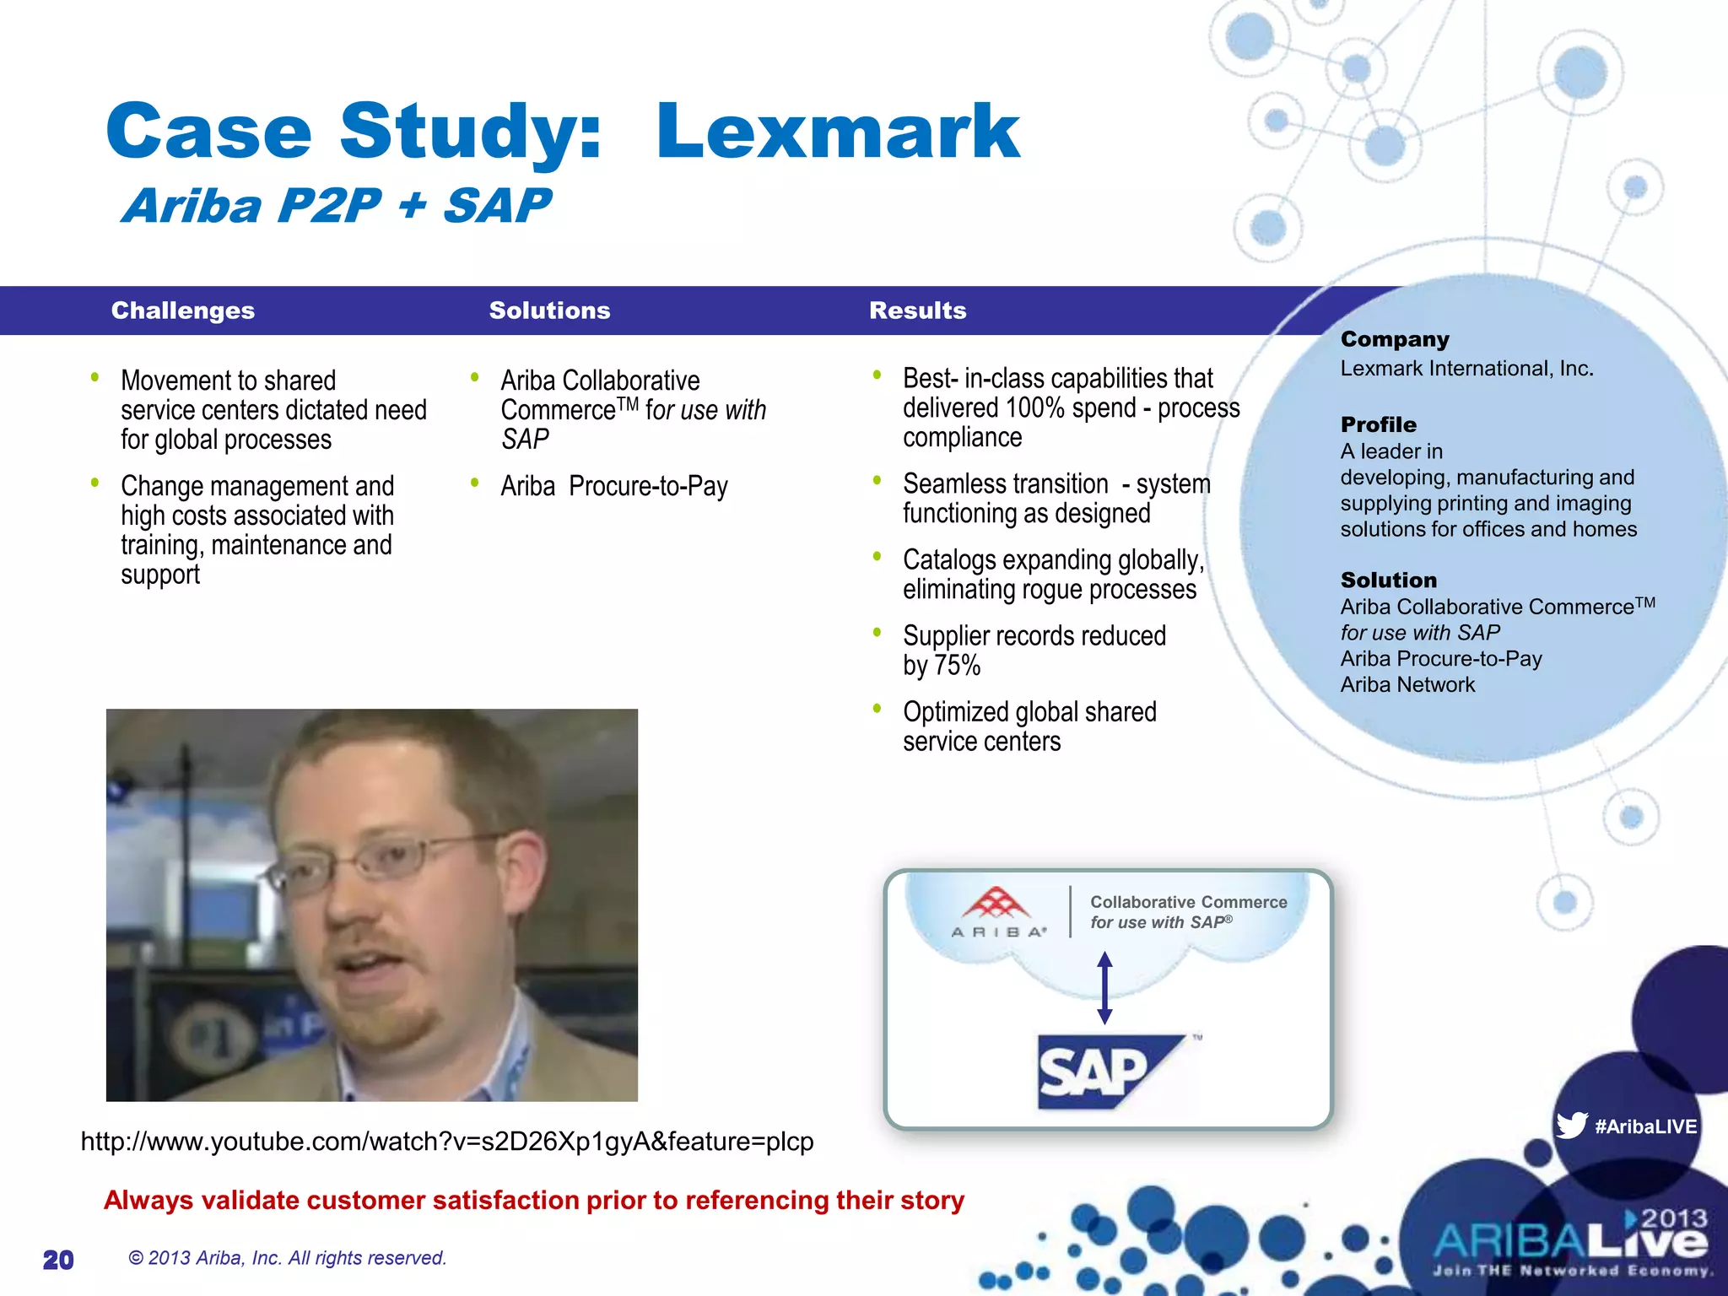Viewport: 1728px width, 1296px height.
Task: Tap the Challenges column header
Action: click(182, 310)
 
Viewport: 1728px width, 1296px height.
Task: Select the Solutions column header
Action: click(549, 310)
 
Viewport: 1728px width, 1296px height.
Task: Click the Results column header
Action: click(917, 310)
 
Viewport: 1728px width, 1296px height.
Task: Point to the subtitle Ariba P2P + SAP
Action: click(336, 206)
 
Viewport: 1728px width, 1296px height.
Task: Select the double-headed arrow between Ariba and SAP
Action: click(1104, 987)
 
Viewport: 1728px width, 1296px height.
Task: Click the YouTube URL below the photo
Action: click(446, 1142)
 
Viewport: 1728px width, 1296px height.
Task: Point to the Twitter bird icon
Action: click(1571, 1125)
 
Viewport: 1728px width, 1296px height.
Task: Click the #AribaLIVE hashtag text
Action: click(1645, 1126)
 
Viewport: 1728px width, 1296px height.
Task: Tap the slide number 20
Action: click(58, 1260)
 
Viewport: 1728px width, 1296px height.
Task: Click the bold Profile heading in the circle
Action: click(1378, 424)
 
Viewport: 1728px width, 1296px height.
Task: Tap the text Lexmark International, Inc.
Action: click(1466, 369)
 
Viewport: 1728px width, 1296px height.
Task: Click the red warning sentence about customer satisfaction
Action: click(533, 1200)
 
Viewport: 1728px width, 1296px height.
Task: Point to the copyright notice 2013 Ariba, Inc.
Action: click(287, 1258)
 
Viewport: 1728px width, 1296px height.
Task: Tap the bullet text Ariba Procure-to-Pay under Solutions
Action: click(613, 487)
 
